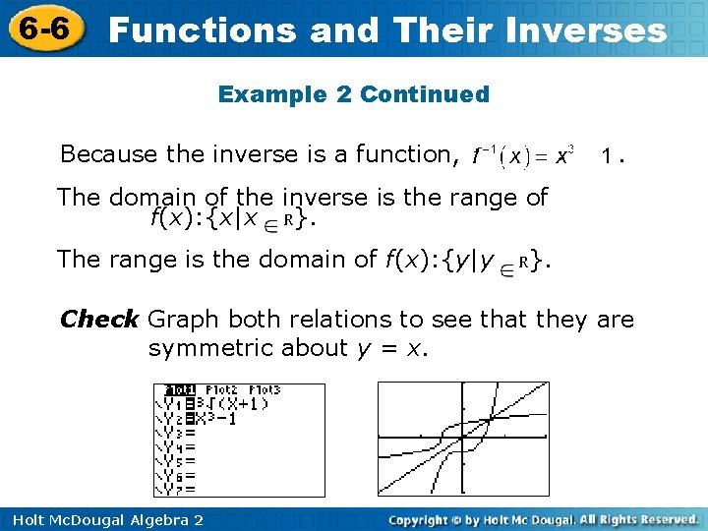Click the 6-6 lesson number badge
tap(42, 29)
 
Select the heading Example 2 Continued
tap(353, 94)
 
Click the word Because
tap(95, 154)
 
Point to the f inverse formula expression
tap(523, 155)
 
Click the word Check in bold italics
tap(99, 320)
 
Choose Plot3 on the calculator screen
tap(263, 389)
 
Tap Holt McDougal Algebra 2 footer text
tap(106, 519)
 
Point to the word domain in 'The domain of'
tap(147, 197)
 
